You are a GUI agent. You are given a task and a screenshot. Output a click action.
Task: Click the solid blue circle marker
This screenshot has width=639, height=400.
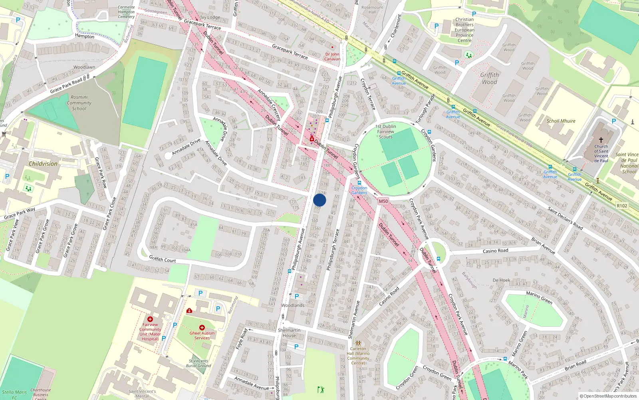click(319, 200)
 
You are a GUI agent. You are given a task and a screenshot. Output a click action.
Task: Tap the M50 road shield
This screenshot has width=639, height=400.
click(383, 201)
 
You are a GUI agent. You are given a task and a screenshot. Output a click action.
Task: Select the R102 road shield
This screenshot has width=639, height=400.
click(622, 206)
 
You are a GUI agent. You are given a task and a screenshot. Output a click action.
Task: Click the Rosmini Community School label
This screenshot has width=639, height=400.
click(79, 103)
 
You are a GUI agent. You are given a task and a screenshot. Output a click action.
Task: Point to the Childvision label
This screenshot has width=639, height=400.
click(43, 164)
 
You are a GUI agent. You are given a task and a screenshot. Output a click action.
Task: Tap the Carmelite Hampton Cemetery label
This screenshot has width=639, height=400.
click(126, 12)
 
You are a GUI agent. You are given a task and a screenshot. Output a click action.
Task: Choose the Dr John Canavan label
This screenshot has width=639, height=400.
click(332, 56)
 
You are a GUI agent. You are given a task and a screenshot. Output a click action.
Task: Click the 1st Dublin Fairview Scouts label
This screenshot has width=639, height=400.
click(386, 132)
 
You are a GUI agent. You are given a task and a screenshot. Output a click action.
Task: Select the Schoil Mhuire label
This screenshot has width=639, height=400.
click(561, 121)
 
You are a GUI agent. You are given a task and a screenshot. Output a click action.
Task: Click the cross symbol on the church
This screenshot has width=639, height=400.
click(601, 140)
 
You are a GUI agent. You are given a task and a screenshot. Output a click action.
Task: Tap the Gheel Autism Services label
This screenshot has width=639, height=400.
click(202, 335)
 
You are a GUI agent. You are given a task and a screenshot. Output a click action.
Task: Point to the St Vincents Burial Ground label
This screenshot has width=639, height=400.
click(198, 363)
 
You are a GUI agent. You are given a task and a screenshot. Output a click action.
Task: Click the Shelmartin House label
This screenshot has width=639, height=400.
click(289, 333)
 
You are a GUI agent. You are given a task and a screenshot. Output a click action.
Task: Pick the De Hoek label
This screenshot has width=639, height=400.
click(501, 280)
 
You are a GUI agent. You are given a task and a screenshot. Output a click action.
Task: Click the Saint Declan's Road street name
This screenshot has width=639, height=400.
click(565, 218)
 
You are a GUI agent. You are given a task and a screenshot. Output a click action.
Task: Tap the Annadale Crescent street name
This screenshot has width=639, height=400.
click(269, 104)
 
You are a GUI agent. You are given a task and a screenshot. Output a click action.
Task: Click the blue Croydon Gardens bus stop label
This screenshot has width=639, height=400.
click(359, 190)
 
